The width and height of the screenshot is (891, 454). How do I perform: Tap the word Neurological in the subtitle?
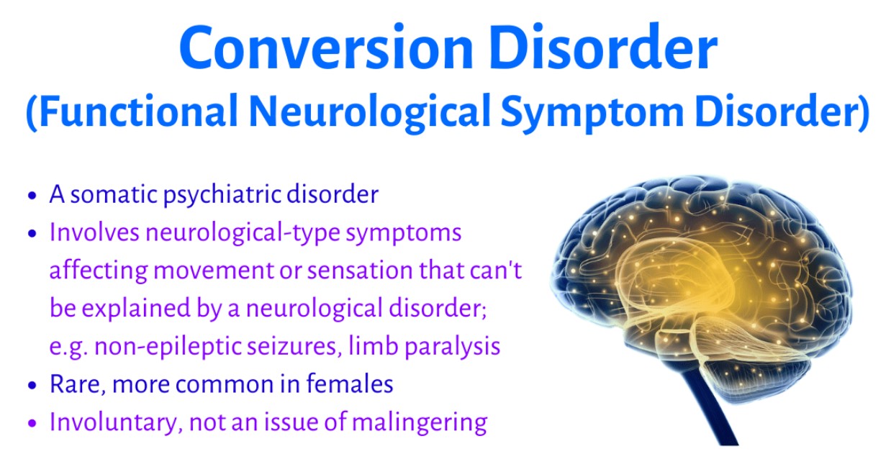tap(370, 112)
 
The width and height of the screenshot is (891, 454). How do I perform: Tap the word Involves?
tap(94, 232)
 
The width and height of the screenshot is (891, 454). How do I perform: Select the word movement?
tap(214, 271)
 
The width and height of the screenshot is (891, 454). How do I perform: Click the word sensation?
tap(360, 271)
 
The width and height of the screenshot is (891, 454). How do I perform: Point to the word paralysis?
tap(452, 347)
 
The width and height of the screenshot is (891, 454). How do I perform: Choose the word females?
tap(350, 384)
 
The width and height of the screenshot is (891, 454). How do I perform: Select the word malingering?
tap(420, 423)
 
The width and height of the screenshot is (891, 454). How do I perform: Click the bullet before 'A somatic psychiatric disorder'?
tap(32, 196)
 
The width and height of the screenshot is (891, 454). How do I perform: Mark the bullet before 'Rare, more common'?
tap(32, 385)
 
